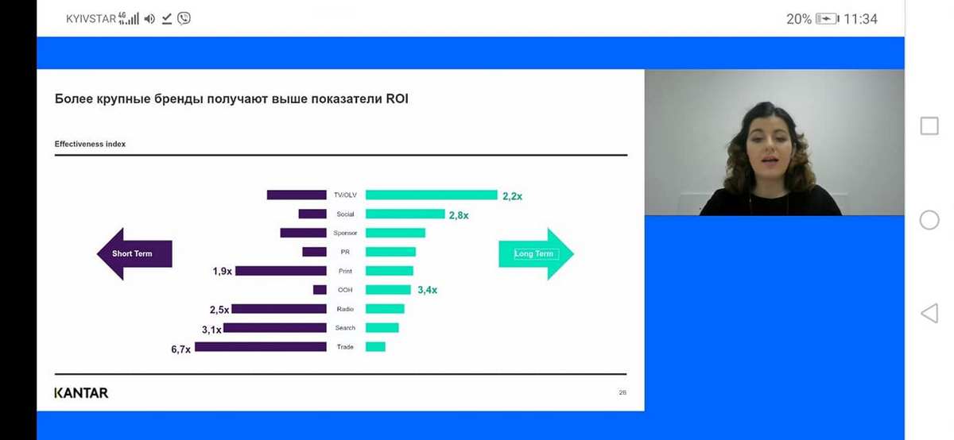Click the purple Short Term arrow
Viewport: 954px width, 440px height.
click(x=134, y=253)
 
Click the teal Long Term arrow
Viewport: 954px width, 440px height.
click(x=536, y=253)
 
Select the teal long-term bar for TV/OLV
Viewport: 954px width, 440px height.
click(x=432, y=195)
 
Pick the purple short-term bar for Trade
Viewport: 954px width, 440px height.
click(x=261, y=347)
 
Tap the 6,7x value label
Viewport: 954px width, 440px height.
click(x=180, y=349)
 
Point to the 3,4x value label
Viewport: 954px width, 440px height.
click(x=427, y=290)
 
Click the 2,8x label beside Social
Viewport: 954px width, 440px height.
click(x=459, y=215)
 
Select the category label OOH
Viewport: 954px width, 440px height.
click(x=345, y=290)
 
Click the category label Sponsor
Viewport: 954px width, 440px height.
click(x=345, y=233)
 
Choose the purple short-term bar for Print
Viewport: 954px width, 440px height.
click(x=281, y=271)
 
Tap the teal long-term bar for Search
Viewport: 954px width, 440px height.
click(x=382, y=328)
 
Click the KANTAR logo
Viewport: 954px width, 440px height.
click(x=81, y=393)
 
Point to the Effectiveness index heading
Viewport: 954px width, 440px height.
click(x=90, y=144)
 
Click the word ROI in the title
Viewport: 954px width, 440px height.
click(x=397, y=98)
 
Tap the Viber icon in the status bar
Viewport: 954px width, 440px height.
click(x=184, y=18)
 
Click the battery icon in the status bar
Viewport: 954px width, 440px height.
click(x=827, y=19)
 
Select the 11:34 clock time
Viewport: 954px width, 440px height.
click(x=860, y=19)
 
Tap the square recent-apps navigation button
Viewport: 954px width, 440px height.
click(x=929, y=126)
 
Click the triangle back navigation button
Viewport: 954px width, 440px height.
click(x=929, y=313)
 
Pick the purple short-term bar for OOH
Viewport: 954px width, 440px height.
click(x=320, y=290)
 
